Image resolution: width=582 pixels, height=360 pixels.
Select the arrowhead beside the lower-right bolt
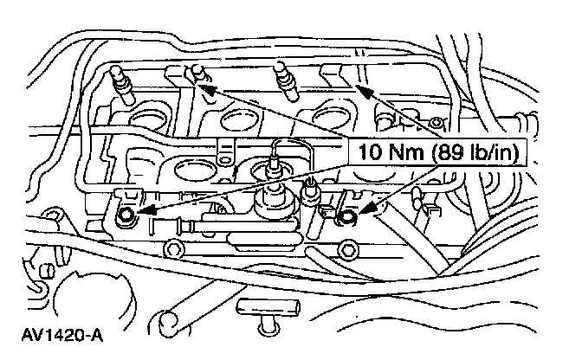point(359,208)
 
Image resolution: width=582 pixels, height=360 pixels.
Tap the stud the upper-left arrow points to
point(194,73)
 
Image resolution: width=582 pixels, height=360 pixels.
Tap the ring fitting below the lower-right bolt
point(350,252)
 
